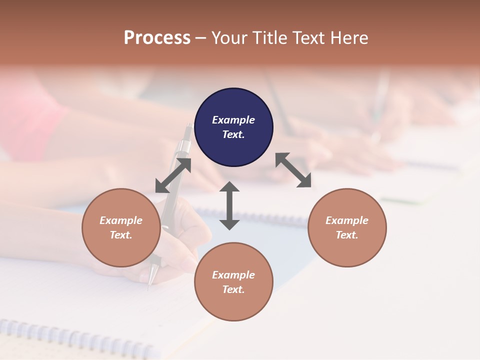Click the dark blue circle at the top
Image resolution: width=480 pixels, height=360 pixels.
(x=233, y=127)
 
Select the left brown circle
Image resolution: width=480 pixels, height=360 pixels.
(x=121, y=227)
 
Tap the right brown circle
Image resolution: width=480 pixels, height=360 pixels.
(x=347, y=227)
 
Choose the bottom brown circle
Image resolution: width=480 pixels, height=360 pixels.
(x=233, y=282)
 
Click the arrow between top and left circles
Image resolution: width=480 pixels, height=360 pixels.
(x=173, y=175)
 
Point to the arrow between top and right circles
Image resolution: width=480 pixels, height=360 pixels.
(x=293, y=170)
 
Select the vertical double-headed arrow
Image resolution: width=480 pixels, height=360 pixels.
(x=229, y=205)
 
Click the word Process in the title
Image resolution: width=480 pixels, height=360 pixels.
(x=157, y=37)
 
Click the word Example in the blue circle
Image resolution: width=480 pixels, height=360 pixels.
(x=233, y=120)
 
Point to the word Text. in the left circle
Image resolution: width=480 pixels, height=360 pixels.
(x=121, y=235)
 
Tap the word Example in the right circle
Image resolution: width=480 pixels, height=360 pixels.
(x=347, y=220)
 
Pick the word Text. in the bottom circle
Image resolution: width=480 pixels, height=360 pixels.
(x=233, y=289)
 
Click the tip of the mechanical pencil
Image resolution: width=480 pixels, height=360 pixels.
(x=148, y=288)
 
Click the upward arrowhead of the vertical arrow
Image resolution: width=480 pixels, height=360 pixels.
(x=229, y=186)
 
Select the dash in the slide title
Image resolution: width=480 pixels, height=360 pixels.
(x=201, y=38)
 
